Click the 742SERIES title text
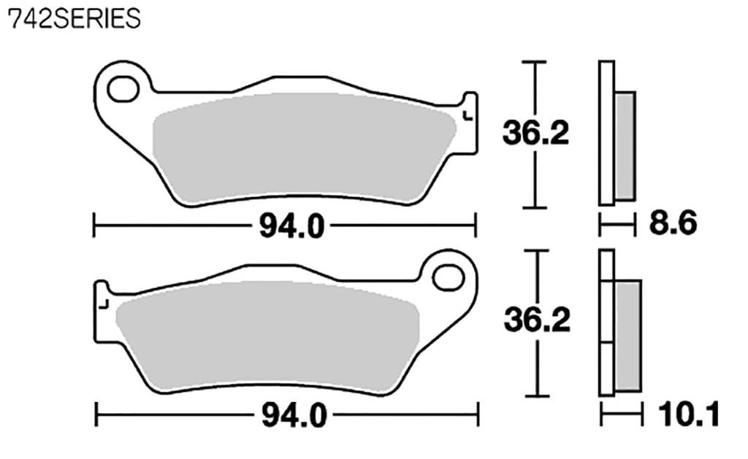[73, 18]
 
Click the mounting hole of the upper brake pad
[122, 89]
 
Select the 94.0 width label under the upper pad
[291, 227]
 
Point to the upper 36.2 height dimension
[535, 133]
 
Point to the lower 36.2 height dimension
[537, 320]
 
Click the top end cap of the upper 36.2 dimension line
[536, 63]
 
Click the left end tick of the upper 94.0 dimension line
[94, 225]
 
